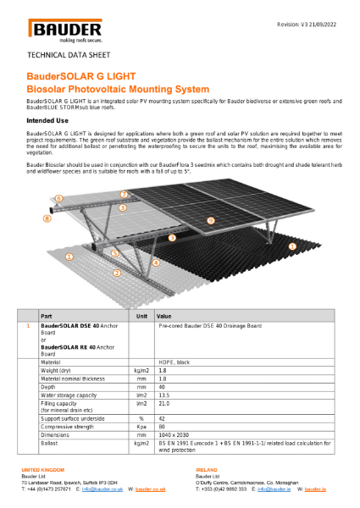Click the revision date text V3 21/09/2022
[310, 25]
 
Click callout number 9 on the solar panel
[210, 221]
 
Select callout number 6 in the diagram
[58, 198]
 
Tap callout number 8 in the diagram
[47, 218]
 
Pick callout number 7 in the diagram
[124, 195]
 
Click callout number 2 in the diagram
[117, 273]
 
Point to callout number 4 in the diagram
[157, 262]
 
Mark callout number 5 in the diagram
[115, 253]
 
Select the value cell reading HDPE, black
[179, 362]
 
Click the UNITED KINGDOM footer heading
[43, 469]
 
